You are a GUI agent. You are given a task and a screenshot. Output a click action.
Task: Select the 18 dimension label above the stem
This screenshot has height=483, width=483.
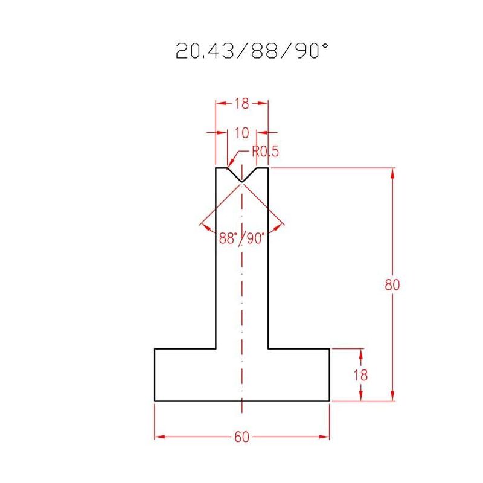coord(241,103)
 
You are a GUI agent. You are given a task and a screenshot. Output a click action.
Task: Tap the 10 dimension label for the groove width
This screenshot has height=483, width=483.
coord(241,132)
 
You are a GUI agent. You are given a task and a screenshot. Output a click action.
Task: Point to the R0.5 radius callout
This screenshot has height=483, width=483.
coord(266,152)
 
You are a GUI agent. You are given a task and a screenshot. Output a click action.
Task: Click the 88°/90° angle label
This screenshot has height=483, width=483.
coord(241,238)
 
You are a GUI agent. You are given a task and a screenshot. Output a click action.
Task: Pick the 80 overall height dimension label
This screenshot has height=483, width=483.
coord(392,284)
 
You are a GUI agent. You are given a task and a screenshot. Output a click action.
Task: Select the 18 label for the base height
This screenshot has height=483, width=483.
coord(360,375)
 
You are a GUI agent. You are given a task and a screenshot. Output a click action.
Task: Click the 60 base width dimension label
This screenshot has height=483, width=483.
coord(241,437)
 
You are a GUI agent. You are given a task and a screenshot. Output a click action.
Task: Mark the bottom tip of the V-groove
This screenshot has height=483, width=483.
coord(241,182)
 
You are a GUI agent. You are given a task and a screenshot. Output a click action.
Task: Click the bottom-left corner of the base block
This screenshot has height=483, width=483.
coord(155,401)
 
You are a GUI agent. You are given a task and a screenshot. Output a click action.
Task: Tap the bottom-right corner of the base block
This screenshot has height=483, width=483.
coord(330,401)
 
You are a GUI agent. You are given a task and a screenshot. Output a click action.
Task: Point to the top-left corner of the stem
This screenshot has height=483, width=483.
coord(216,168)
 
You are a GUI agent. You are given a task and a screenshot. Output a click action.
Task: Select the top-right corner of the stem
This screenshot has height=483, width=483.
coord(268,168)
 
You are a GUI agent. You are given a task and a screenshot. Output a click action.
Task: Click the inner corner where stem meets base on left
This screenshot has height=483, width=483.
coord(216,349)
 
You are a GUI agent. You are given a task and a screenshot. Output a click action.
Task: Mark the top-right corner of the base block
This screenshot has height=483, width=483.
coord(330,349)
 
